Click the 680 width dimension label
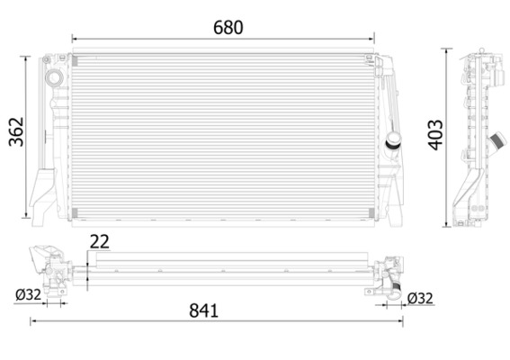click(x=228, y=27)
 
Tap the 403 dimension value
click(x=436, y=136)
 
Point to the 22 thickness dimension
click(x=100, y=240)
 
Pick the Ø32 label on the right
click(x=420, y=298)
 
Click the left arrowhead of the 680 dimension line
click(x=76, y=39)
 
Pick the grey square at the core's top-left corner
click(x=75, y=59)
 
